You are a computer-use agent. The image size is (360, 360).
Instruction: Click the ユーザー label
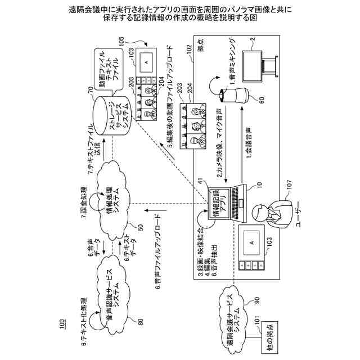(x=299, y=214)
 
